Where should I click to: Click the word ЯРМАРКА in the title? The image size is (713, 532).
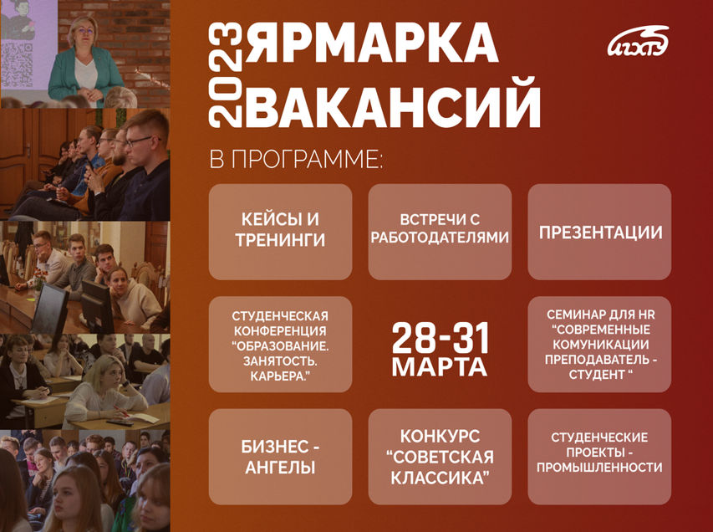374,43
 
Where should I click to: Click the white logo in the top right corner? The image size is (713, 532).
638,42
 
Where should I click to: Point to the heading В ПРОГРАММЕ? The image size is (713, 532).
296,160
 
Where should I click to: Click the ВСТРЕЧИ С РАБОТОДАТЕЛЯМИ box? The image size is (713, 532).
440,232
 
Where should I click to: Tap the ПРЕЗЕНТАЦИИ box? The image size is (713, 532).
599,232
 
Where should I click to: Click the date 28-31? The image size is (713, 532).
441,336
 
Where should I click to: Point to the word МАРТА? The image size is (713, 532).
440,367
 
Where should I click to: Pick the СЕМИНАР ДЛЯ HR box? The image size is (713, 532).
599,344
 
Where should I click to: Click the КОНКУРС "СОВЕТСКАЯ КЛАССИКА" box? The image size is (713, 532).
440,457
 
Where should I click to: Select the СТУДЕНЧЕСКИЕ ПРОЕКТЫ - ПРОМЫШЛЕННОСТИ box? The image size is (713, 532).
599,457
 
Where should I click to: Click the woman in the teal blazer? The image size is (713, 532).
86,63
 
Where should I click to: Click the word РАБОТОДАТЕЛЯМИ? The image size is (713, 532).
440,238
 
